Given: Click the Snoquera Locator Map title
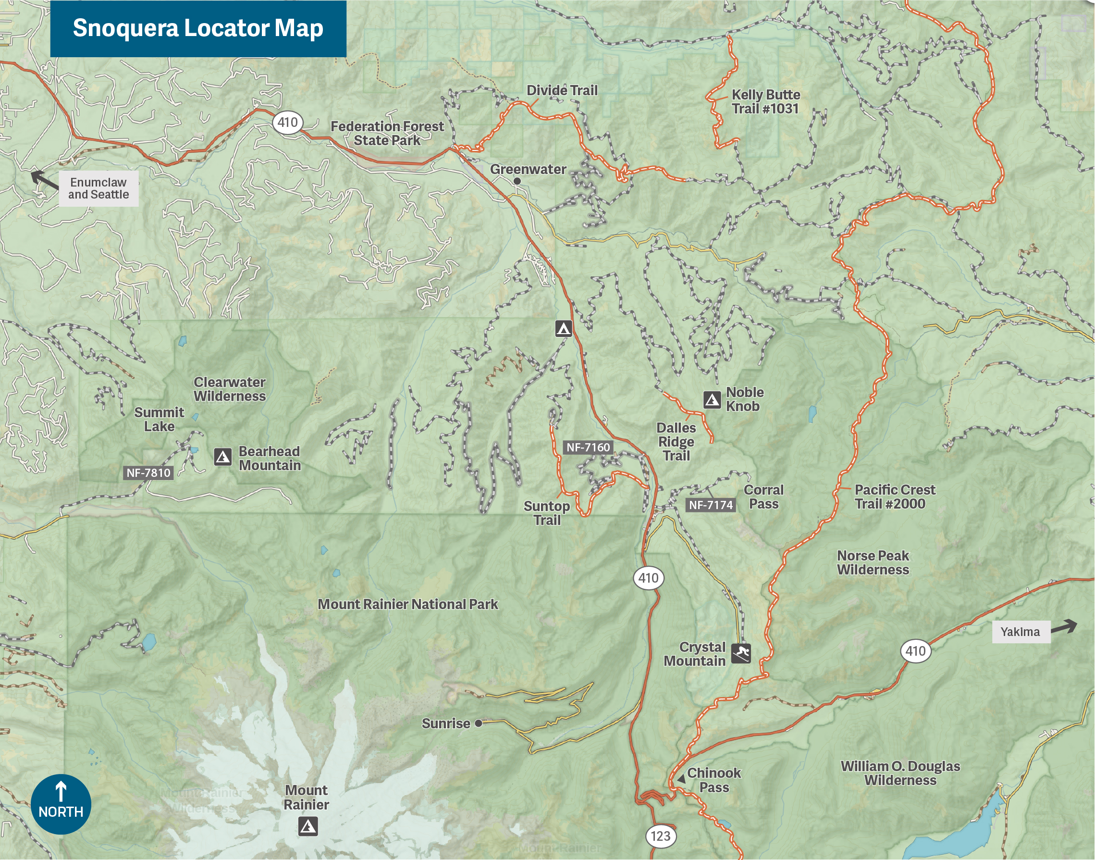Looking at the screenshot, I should point(198,28).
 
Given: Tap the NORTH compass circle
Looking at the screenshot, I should point(61,804).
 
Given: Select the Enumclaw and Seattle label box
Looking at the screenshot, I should point(98,188).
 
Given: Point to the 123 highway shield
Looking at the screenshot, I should point(660,836).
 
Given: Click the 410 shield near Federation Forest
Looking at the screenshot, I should point(287,123).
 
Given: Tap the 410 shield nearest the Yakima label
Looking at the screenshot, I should point(915,651).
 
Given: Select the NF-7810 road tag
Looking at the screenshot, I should point(148,473).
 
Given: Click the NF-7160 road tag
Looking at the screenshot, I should point(588,447).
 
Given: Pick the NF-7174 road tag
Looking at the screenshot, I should point(710,505).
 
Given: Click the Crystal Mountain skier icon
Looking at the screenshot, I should point(741,654).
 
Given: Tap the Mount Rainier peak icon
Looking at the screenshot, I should point(308,827).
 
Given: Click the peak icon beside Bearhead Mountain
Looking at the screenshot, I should point(223,457).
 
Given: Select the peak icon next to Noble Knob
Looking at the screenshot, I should point(712,400).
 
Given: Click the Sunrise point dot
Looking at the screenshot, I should point(479,723).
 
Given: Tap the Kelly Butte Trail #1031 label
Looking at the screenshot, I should point(765,102).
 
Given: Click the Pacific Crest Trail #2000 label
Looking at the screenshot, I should point(895,497).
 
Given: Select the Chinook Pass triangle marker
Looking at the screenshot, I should point(681,779).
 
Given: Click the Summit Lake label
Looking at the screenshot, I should point(159,420).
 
